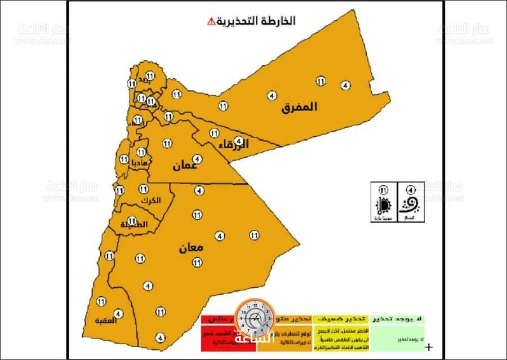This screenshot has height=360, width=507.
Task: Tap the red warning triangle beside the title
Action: [x=211, y=22]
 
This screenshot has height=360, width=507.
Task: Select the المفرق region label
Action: [x=300, y=106]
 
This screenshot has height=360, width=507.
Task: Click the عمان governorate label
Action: [x=185, y=166]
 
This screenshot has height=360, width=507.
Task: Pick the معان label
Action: [x=192, y=248]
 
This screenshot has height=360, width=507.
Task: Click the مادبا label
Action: [x=140, y=162]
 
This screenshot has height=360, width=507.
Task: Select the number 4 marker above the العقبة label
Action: [x=118, y=313]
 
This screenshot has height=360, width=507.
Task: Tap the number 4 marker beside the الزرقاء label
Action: [x=239, y=140]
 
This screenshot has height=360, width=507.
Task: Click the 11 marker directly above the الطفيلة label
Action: [x=132, y=220]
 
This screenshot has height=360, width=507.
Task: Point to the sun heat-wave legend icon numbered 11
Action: [x=384, y=203]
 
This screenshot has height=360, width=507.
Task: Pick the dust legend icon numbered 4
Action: [x=410, y=203]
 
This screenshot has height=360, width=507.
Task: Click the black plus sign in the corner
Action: [x=430, y=347]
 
